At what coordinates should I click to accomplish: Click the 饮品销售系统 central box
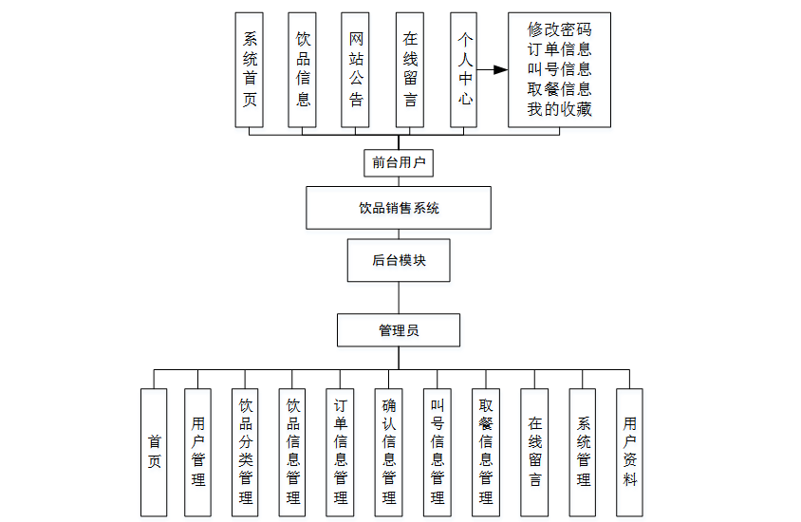click(x=398, y=208)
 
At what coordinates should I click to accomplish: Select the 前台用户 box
click(x=398, y=162)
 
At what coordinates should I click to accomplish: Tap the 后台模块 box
click(x=398, y=260)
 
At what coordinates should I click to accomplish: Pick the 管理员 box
click(x=398, y=330)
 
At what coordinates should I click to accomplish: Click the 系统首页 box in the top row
click(x=249, y=69)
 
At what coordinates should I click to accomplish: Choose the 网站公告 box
click(x=356, y=69)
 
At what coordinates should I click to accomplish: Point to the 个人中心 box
click(x=464, y=69)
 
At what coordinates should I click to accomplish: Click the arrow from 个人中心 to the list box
click(x=491, y=69)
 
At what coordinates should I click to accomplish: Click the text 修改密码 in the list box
click(x=559, y=29)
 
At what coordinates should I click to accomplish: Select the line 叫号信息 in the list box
click(x=559, y=69)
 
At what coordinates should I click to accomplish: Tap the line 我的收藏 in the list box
click(x=559, y=109)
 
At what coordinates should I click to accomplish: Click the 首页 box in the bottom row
click(x=154, y=452)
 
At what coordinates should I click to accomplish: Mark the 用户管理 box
click(x=197, y=452)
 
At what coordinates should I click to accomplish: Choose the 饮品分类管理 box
click(x=245, y=452)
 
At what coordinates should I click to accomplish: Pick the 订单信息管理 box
click(x=341, y=452)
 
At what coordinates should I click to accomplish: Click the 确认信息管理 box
click(x=388, y=452)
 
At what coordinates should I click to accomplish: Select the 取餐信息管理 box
click(x=485, y=452)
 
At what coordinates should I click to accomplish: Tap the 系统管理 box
click(x=582, y=452)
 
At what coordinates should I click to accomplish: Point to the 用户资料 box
click(x=629, y=452)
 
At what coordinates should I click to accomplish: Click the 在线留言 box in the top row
click(x=410, y=69)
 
